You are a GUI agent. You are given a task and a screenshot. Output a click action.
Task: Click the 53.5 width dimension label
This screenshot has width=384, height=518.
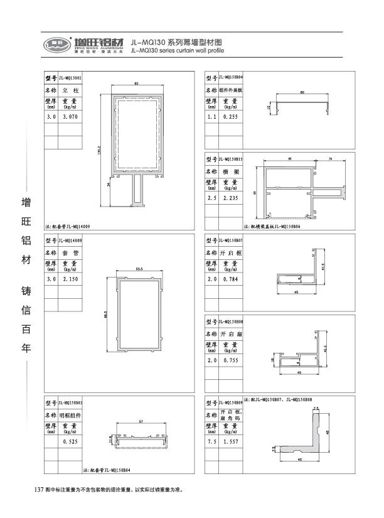point(139,269)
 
